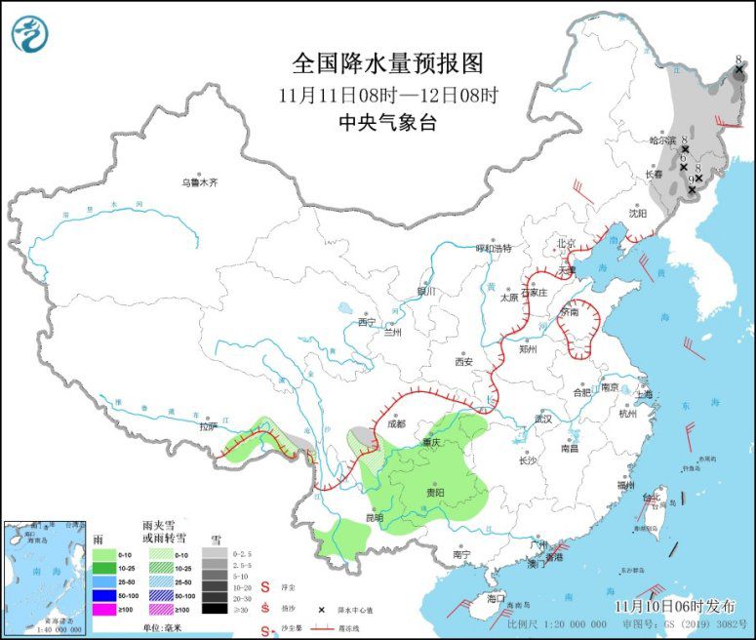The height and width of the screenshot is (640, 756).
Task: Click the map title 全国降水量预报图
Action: tap(387, 63)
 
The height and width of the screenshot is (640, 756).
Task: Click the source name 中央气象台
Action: tap(387, 122)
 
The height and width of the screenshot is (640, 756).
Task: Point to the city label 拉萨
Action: tap(207, 426)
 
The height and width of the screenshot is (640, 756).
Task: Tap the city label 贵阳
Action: tap(436, 493)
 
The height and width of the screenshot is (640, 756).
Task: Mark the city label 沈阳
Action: tap(637, 212)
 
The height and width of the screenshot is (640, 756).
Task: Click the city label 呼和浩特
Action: tap(493, 248)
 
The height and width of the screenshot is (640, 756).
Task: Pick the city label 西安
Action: tap(462, 361)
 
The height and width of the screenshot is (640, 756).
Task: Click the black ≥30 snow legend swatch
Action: tap(214, 608)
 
